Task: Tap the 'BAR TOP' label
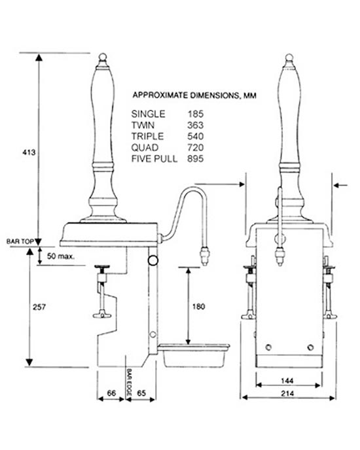pyautogui.click(x=18, y=241)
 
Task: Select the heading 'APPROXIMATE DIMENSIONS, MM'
pyautogui.click(x=194, y=95)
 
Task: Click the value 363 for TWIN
pyautogui.click(x=196, y=124)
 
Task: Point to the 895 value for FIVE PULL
pyautogui.click(x=196, y=159)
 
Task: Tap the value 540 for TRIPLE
pyautogui.click(x=196, y=136)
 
